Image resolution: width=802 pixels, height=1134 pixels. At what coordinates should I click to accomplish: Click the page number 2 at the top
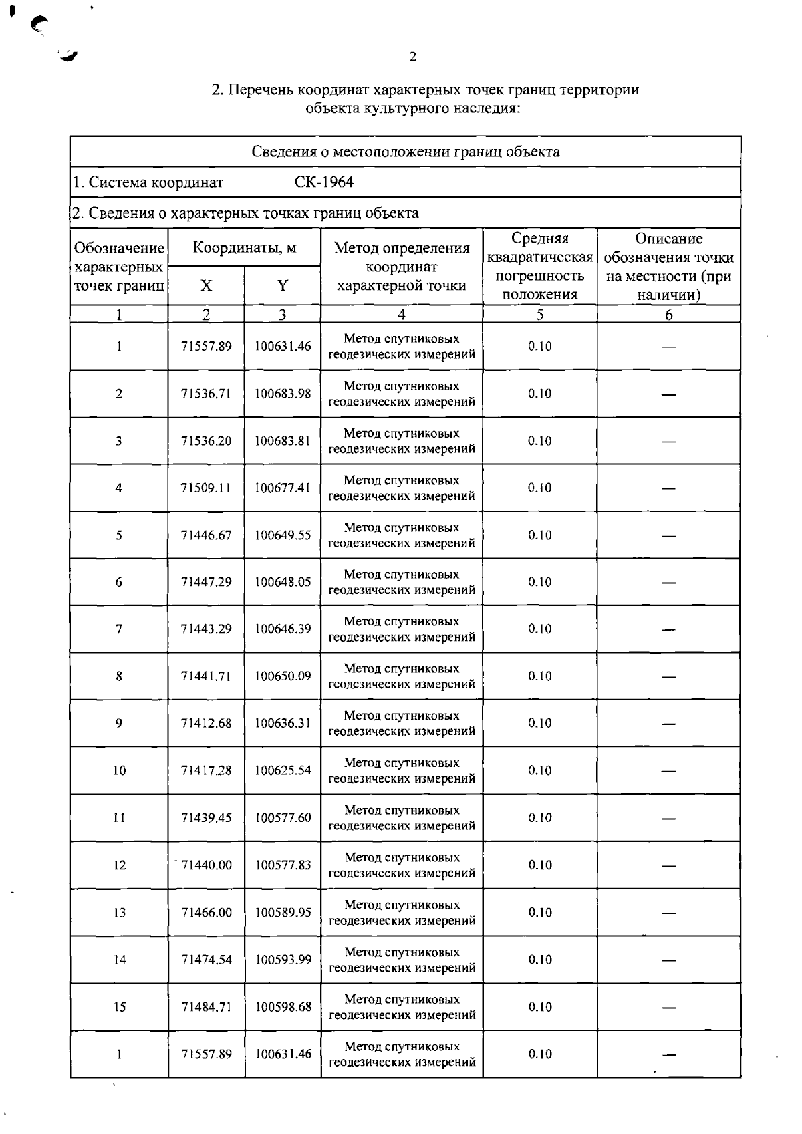click(x=412, y=57)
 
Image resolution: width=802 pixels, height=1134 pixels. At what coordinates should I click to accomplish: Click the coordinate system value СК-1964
click(x=324, y=182)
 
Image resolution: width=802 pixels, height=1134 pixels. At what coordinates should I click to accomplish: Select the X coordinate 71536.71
click(x=206, y=394)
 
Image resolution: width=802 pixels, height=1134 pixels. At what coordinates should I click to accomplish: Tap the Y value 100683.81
click(x=283, y=441)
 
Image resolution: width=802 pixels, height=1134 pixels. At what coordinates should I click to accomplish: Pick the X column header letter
click(x=206, y=286)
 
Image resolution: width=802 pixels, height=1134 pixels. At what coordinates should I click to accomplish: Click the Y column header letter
click(x=283, y=286)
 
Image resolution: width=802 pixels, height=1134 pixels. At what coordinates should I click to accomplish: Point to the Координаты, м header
click(x=245, y=248)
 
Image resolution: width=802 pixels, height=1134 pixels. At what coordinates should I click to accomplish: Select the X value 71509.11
click(x=206, y=488)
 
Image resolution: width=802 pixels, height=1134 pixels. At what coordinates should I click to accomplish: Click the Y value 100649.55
click(x=283, y=535)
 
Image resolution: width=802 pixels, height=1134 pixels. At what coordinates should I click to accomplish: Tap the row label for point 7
click(x=119, y=629)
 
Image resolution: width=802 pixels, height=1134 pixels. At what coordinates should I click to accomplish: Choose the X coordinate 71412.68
click(x=206, y=724)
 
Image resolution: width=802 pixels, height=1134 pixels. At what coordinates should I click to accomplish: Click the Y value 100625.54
click(x=283, y=770)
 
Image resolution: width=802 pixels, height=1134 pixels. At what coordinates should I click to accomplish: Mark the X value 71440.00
click(x=207, y=865)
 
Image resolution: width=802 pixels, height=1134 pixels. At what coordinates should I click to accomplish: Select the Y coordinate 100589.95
click(x=283, y=913)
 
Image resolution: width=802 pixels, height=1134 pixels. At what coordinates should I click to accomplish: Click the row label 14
click(x=120, y=960)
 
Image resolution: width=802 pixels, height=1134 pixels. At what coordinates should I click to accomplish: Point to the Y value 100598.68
click(x=283, y=1007)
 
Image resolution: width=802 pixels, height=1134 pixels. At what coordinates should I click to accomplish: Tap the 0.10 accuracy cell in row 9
click(x=540, y=724)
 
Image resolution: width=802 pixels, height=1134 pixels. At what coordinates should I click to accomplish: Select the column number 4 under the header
click(x=402, y=315)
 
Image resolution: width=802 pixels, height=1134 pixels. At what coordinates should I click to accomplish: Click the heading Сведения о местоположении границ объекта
click(x=406, y=152)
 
